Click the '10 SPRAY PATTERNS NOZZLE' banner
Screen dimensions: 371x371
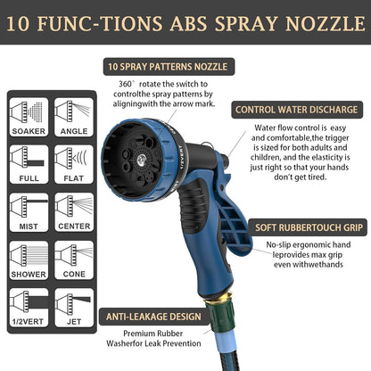(x=167, y=66)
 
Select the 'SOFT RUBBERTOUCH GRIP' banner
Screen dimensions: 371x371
(x=305, y=227)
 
